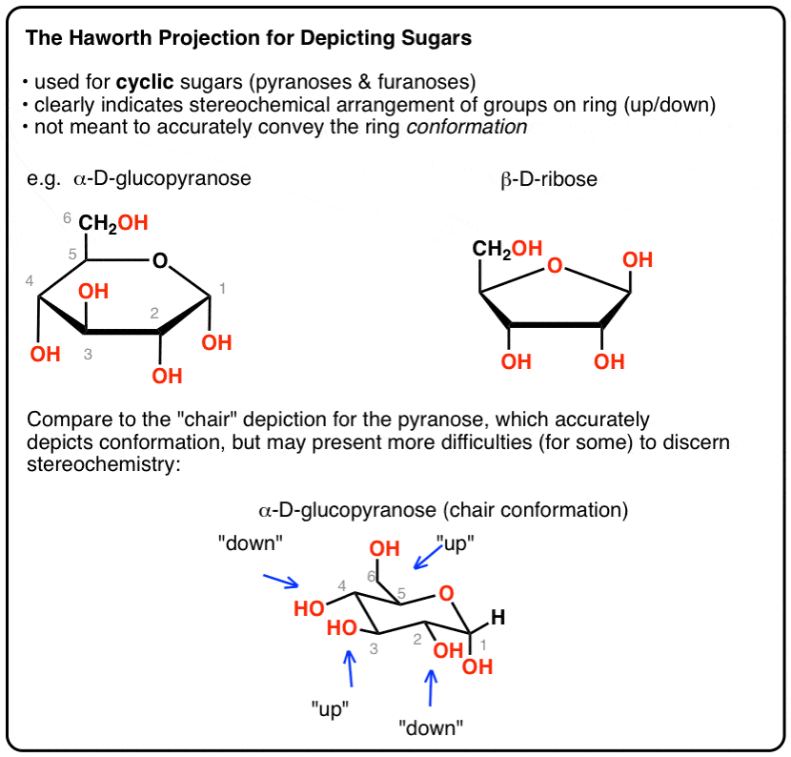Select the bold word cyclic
[145, 82]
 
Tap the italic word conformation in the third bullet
[467, 127]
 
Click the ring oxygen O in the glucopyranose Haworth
[160, 261]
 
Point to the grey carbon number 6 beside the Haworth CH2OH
[67, 218]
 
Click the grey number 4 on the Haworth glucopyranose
[30, 280]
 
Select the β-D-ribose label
[549, 179]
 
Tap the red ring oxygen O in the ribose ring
[555, 265]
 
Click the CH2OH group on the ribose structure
[507, 249]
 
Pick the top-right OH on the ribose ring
[638, 260]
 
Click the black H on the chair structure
[497, 617]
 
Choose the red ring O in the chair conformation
[446, 593]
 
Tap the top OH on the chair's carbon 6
[384, 548]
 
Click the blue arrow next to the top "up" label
[427, 559]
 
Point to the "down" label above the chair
[251, 543]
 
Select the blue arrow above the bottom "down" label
[431, 687]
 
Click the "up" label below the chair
[330, 709]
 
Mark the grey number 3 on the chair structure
[374, 649]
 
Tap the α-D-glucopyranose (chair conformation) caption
[443, 510]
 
